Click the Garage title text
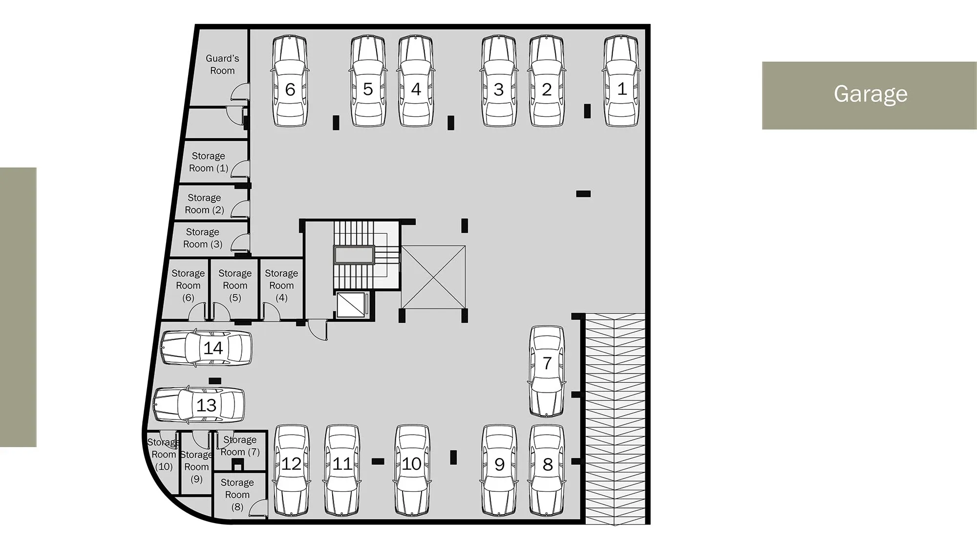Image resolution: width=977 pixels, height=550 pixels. click(x=870, y=94)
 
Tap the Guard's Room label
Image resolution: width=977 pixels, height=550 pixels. click(x=222, y=65)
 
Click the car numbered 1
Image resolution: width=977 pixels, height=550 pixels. click(x=621, y=81)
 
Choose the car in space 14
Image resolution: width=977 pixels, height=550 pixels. click(x=206, y=348)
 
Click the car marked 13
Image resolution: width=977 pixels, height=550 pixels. click(x=199, y=405)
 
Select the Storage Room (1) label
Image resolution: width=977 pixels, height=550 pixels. click(x=209, y=162)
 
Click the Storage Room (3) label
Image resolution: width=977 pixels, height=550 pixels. click(x=203, y=238)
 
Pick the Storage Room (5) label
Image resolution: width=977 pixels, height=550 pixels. click(x=235, y=286)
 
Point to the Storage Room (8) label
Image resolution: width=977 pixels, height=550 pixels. click(x=237, y=495)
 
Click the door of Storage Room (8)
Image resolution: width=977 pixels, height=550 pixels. click(x=258, y=508)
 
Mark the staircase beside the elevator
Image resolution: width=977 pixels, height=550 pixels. click(x=366, y=255)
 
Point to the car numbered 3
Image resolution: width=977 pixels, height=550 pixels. click(x=499, y=81)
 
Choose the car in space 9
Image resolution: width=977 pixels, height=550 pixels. click(x=499, y=470)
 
